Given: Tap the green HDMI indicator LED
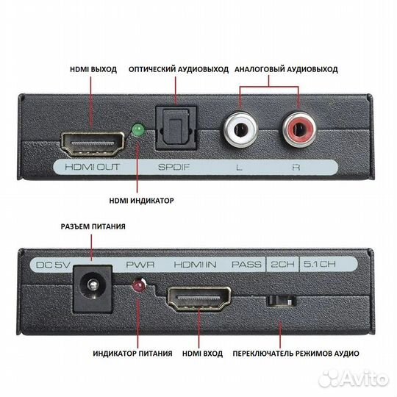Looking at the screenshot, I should coord(137,131).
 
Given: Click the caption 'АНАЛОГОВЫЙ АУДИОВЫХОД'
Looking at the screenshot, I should coord(286,69).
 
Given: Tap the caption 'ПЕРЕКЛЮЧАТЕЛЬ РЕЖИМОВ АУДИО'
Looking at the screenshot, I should coord(293,354).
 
